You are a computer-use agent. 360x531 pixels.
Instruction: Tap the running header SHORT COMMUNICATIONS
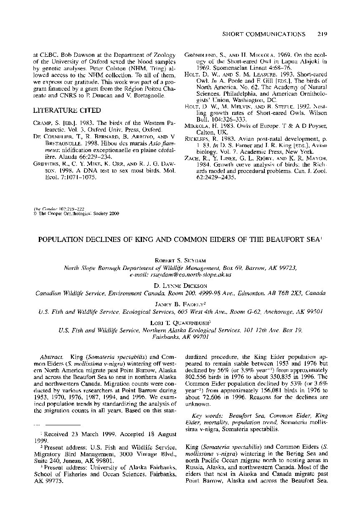coord(263,34)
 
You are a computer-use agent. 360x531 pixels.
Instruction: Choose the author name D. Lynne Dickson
coord(180,286)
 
